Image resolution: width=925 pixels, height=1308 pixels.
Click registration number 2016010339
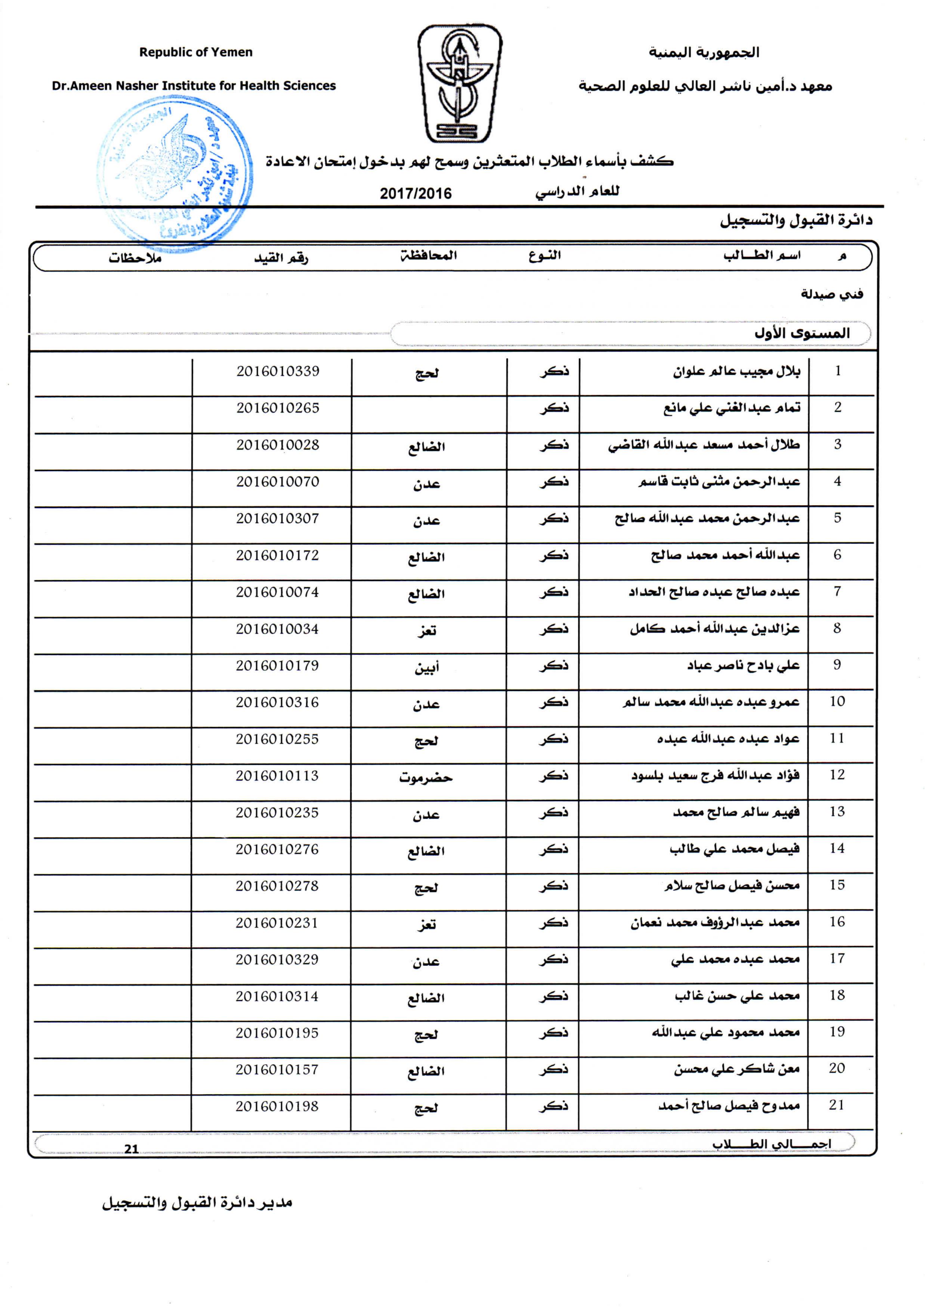click(278, 371)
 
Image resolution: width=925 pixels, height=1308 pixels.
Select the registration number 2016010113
click(277, 776)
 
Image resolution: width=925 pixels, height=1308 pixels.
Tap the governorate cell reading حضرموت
click(426, 777)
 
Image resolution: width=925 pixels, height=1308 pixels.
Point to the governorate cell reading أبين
click(426, 667)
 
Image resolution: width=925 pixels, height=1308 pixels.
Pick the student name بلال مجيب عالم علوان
click(737, 372)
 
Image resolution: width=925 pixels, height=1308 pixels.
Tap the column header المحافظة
click(428, 256)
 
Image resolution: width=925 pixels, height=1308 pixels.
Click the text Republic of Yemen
click(196, 52)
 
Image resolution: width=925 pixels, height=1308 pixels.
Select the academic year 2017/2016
click(416, 194)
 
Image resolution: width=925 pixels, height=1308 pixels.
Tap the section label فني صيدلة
click(832, 294)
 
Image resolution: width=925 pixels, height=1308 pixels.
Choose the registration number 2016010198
click(277, 1106)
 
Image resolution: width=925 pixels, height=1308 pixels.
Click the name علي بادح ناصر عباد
click(743, 665)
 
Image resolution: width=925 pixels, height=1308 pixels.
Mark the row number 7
click(837, 591)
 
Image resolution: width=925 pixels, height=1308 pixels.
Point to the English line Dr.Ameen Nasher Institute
click(194, 86)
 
